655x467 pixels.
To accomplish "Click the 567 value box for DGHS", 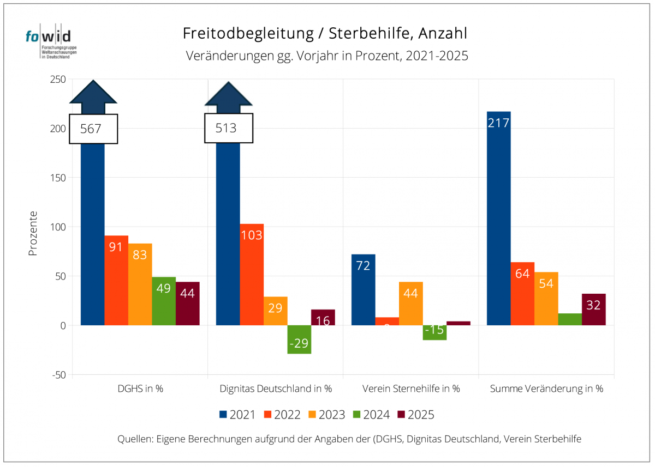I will pyautogui.click(x=93, y=129).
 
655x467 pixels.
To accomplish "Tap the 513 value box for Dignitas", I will pyautogui.click(x=229, y=128).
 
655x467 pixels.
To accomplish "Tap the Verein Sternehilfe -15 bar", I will pyautogui.click(x=434, y=332).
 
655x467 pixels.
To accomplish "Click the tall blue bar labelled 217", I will pyautogui.click(x=498, y=218).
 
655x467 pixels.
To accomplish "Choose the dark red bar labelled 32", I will pyautogui.click(x=594, y=310).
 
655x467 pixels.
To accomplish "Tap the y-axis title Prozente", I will pyautogui.click(x=33, y=234).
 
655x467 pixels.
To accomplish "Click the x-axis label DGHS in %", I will pyautogui.click(x=140, y=389).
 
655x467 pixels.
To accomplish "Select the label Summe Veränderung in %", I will pyautogui.click(x=546, y=389).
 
